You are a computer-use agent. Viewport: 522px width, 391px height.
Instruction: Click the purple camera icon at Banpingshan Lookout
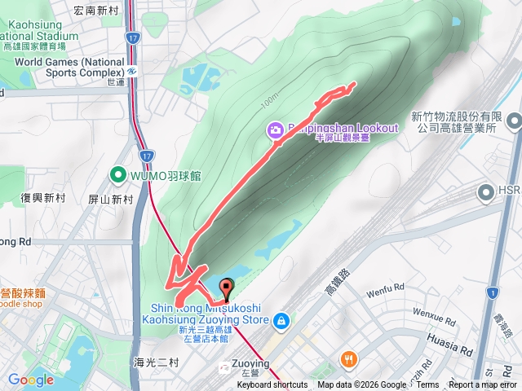click(276, 130)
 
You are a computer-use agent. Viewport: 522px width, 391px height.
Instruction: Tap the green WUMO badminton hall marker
click(117, 174)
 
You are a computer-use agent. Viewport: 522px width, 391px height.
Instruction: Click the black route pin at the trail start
click(226, 286)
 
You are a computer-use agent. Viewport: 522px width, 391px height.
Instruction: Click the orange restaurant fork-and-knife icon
click(349, 358)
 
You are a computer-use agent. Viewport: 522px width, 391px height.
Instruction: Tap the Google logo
click(30, 380)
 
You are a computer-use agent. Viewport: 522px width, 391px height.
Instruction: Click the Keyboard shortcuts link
click(272, 385)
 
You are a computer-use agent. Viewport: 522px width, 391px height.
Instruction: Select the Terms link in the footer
click(427, 385)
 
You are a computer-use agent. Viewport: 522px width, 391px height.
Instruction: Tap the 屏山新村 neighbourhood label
click(111, 200)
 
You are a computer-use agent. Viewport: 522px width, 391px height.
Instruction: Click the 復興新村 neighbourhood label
click(43, 198)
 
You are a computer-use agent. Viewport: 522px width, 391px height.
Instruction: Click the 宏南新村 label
click(95, 11)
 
